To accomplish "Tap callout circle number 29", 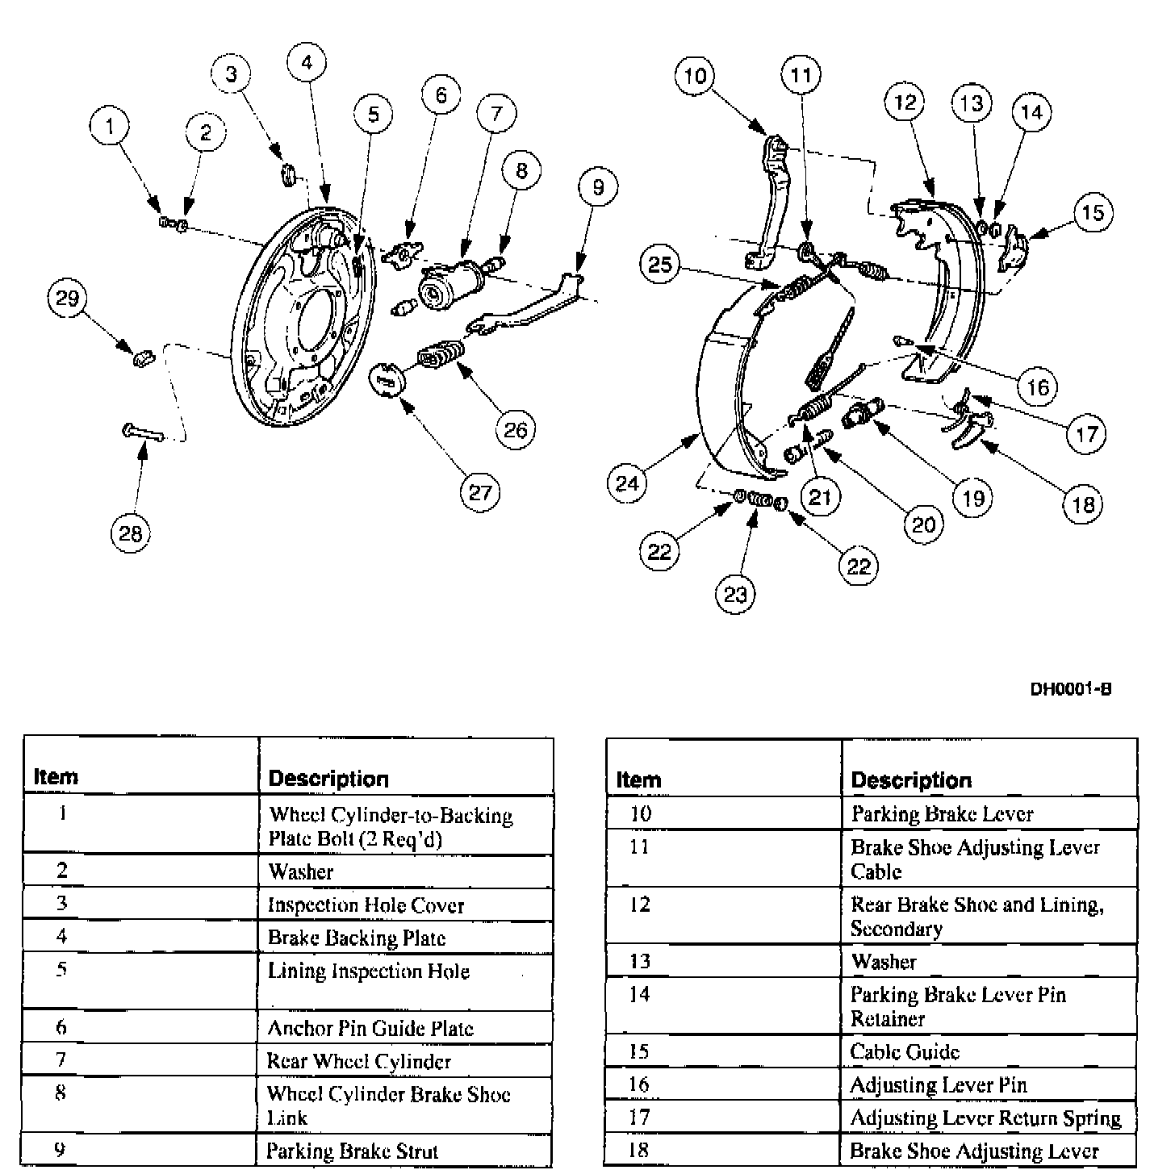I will tap(67, 299).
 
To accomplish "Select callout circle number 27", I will tap(479, 492).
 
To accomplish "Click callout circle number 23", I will tap(735, 595).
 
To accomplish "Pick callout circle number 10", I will tap(695, 76).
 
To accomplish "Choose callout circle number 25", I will tap(660, 264).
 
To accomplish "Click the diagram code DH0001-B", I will tap(1070, 689).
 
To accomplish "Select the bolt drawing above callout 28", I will tap(144, 434).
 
